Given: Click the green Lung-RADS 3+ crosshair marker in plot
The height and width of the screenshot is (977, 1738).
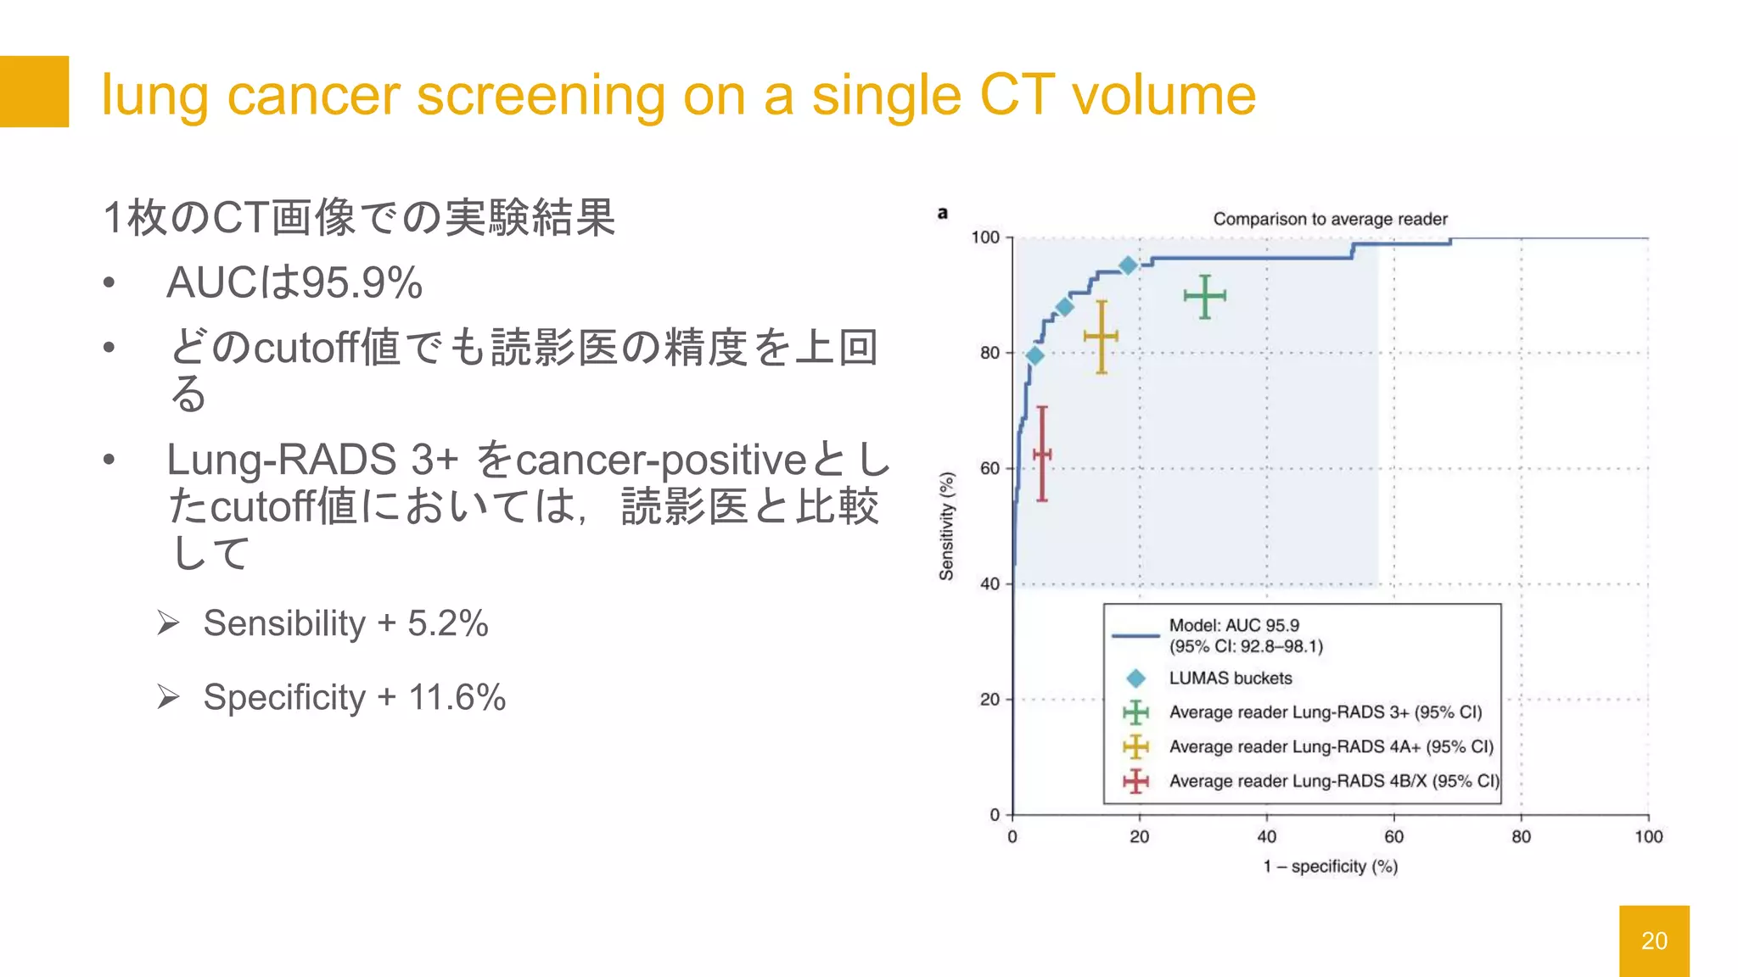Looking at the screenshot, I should click(x=1204, y=296).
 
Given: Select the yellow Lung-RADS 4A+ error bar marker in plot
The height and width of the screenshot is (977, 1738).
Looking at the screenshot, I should click(x=1101, y=337).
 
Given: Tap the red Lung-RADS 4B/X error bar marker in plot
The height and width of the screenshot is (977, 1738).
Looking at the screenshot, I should click(x=1042, y=455).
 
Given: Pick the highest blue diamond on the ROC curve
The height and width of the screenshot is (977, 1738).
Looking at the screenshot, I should click(x=1128, y=265).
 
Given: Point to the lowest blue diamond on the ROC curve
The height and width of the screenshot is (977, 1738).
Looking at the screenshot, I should click(x=1034, y=355).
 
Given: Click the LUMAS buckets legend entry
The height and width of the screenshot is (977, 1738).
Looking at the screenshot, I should click(x=1230, y=678).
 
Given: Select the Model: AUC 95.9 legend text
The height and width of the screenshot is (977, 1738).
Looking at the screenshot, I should click(x=1234, y=626).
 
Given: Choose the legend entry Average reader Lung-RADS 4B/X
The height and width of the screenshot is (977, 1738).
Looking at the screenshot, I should click(x=1333, y=781).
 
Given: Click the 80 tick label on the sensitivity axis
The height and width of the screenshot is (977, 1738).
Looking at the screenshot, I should click(x=990, y=353).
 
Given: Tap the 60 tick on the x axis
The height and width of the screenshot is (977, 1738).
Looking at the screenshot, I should click(x=1393, y=836).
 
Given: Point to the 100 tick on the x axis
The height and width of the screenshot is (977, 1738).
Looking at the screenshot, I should click(x=1648, y=836).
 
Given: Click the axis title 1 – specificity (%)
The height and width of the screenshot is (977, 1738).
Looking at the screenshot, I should click(x=1330, y=867).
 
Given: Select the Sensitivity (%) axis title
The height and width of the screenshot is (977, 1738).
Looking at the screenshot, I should click(x=946, y=526).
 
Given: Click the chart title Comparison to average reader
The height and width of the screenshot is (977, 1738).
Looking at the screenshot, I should click(x=1330, y=219).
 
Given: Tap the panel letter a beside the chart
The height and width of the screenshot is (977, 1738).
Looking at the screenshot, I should click(x=942, y=213).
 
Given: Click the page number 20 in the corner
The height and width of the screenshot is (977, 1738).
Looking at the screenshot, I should click(x=1654, y=941).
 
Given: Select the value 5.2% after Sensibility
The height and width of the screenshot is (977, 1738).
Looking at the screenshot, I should click(x=448, y=623).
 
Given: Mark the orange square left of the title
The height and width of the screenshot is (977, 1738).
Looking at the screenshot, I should click(x=34, y=92).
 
